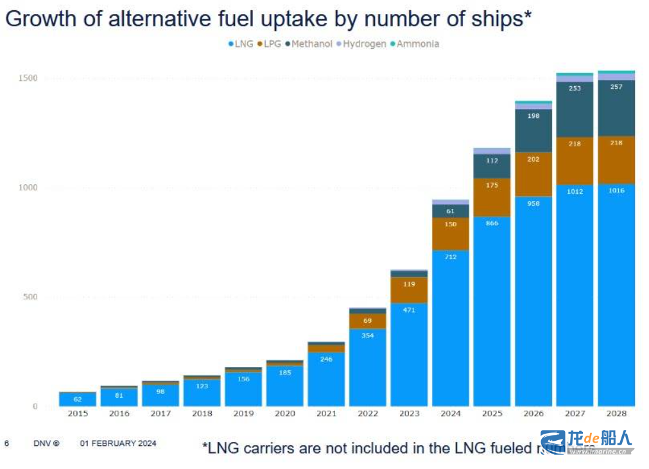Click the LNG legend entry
click(x=241, y=44)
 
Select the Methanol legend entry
click(x=310, y=44)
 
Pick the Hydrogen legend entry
click(x=364, y=44)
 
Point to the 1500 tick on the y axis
click(x=28, y=78)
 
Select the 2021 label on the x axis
click(x=326, y=414)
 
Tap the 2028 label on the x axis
click(x=616, y=414)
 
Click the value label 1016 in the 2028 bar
click(x=616, y=191)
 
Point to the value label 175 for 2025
click(x=492, y=185)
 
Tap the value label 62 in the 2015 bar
click(x=78, y=399)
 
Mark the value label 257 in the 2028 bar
click(x=616, y=87)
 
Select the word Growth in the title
click(x=41, y=19)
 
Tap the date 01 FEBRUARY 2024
click(x=118, y=443)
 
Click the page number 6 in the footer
click(x=6, y=443)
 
